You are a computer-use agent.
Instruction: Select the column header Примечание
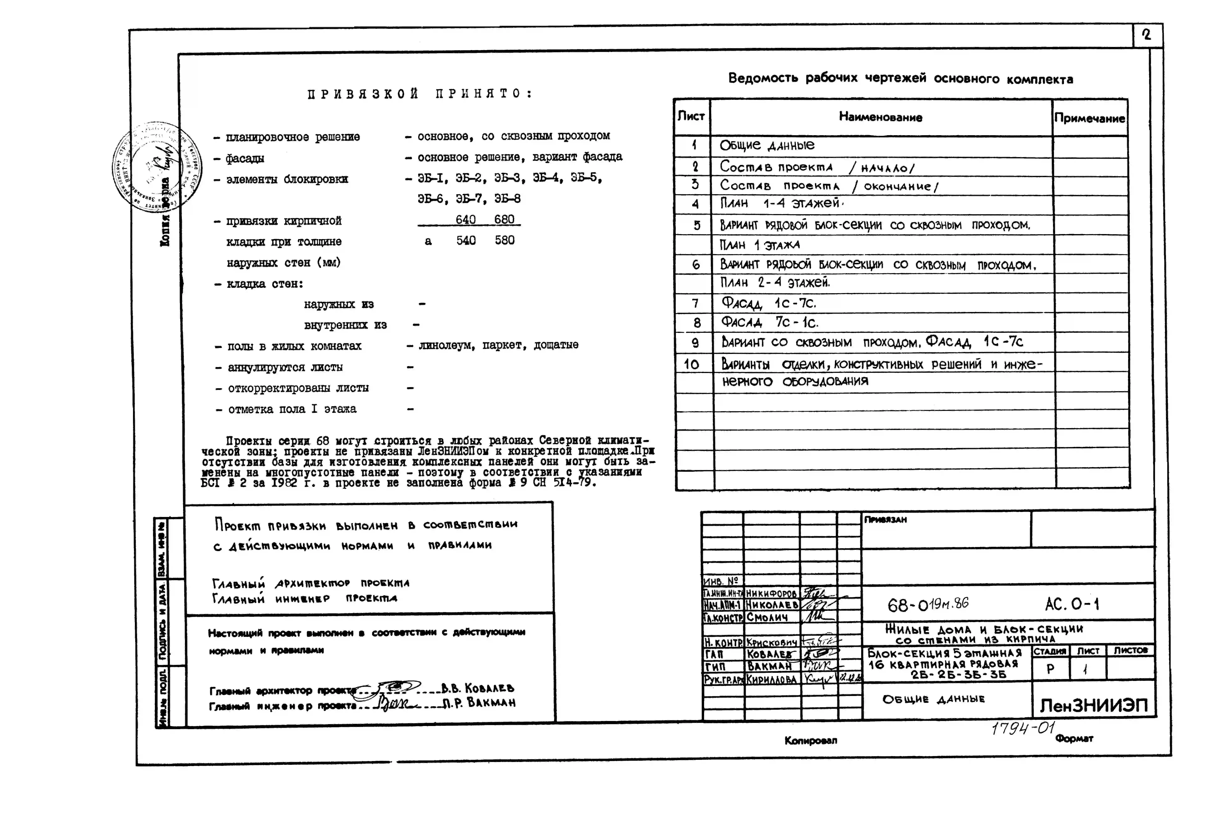pos(1089,118)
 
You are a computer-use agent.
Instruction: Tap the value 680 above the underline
pos(504,219)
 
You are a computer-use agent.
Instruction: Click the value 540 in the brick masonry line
pos(466,240)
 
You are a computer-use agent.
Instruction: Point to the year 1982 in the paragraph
pos(284,483)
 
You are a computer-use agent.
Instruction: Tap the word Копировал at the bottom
pos(810,740)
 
